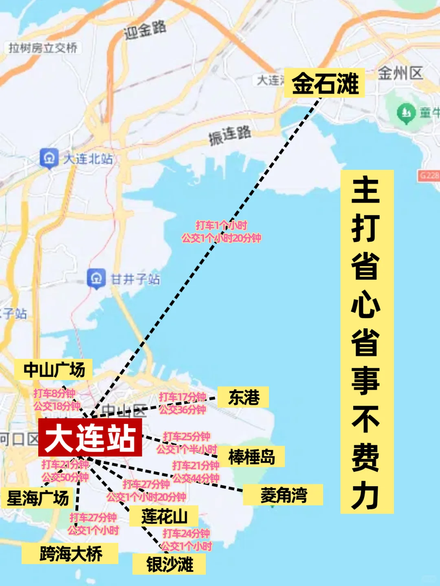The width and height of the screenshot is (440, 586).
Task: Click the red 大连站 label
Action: tap(90, 437)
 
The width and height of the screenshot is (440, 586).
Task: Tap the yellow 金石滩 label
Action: tap(324, 83)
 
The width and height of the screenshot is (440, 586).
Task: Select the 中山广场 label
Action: tap(54, 370)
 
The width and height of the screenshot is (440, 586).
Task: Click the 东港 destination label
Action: tap(243, 397)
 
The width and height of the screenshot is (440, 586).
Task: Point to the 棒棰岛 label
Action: tap(251, 457)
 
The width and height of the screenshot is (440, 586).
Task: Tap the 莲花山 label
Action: tap(164, 516)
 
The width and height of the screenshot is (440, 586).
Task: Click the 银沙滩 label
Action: tap(169, 564)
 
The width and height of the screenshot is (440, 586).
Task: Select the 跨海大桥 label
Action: tap(70, 553)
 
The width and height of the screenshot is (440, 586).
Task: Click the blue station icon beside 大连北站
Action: tap(49, 158)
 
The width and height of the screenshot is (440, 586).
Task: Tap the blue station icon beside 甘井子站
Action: tap(96, 279)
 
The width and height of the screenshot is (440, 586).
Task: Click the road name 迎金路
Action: tap(145, 30)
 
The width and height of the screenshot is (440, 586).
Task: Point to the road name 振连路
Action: tap(230, 135)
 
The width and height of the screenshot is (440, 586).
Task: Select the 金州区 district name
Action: tap(400, 73)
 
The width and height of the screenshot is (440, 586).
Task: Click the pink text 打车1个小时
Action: tap(221, 225)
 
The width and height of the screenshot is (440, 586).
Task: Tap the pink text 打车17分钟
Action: tap(182, 397)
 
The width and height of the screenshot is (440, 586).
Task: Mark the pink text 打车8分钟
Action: tap(54, 393)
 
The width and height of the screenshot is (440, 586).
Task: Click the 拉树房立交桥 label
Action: tap(43, 48)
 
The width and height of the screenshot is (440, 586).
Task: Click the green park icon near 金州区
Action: tap(406, 113)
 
